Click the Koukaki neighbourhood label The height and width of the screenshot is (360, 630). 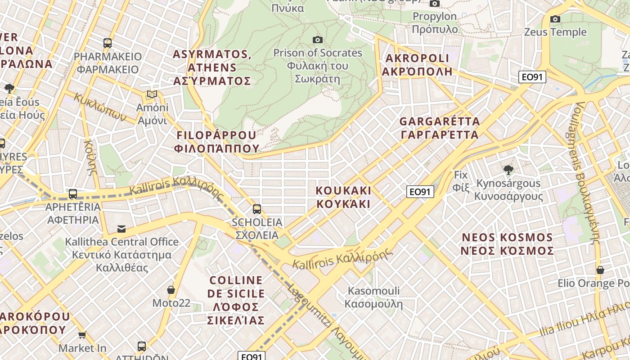point(343,197)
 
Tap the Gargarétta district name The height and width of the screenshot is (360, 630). point(440,128)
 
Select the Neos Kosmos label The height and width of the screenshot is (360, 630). point(507,244)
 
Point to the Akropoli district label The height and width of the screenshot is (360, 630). point(417,64)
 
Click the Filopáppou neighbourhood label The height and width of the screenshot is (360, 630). point(217,141)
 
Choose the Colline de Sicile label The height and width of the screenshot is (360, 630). point(236,300)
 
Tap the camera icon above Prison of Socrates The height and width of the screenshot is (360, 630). point(318,40)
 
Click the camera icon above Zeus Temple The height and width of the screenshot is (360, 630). point(555,19)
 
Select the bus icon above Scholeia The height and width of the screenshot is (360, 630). point(256,209)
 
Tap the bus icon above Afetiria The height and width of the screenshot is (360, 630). point(73,194)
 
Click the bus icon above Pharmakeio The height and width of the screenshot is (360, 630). point(108,43)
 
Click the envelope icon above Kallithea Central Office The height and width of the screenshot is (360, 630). point(121,229)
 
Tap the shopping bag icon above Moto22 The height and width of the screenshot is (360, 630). point(171,289)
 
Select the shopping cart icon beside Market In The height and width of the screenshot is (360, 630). point(82,335)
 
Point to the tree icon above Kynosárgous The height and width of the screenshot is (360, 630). point(508,170)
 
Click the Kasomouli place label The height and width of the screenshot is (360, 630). point(373,297)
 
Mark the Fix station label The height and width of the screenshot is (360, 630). point(461,180)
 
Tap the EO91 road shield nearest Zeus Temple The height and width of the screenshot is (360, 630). point(532,77)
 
